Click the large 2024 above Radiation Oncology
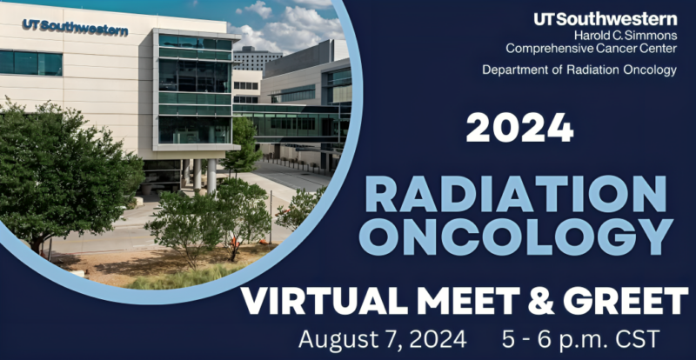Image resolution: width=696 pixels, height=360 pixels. pos(519,128)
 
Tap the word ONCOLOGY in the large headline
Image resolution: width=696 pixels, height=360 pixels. pos(519,235)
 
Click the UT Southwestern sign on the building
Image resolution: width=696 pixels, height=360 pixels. pos(76,29)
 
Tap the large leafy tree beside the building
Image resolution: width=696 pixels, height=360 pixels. pos(61,174)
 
